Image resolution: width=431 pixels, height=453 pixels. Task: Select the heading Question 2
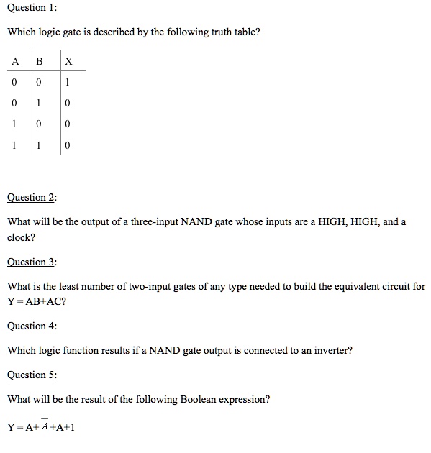tap(31, 197)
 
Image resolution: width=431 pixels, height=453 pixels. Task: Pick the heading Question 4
tap(31, 326)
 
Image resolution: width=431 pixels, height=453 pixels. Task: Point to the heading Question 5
tap(31, 375)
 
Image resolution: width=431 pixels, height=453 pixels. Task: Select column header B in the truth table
tap(40, 61)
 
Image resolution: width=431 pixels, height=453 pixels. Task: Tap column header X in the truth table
tap(68, 61)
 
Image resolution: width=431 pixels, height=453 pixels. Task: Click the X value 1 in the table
tap(67, 83)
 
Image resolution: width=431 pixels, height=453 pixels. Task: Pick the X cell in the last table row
tap(67, 146)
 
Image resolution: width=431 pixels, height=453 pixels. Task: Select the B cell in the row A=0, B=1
tap(40, 104)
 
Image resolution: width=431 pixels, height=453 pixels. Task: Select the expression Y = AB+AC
tap(37, 301)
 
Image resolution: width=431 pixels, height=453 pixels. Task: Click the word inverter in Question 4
tap(332, 350)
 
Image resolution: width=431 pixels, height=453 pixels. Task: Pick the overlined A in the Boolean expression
tap(44, 427)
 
